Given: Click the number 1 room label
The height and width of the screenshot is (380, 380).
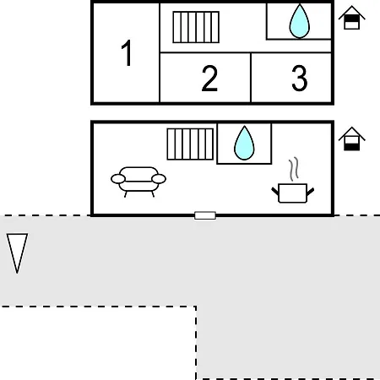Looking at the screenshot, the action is pyautogui.click(x=127, y=52).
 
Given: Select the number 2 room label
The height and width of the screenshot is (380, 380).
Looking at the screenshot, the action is pyautogui.click(x=209, y=78).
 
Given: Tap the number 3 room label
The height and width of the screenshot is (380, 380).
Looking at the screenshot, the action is pyautogui.click(x=300, y=78).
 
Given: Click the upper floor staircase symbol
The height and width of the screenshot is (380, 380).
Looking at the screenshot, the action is pyautogui.click(x=196, y=27).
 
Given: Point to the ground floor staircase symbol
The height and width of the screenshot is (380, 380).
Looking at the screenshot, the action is pyautogui.click(x=190, y=144).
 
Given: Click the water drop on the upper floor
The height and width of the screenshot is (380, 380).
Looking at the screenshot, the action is pyautogui.click(x=300, y=21).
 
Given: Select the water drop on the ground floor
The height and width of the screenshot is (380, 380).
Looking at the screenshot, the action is pyautogui.click(x=244, y=143).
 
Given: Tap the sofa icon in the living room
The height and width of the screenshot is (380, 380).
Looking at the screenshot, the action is pyautogui.click(x=138, y=182).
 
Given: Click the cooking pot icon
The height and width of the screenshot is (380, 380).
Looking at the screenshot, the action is pyautogui.click(x=292, y=193).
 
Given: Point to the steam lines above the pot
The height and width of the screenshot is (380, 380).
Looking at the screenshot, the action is pyautogui.click(x=294, y=169).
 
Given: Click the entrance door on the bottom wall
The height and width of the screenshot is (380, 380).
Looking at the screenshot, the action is pyautogui.click(x=205, y=215).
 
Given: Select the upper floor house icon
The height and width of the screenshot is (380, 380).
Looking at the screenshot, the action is pyautogui.click(x=352, y=18).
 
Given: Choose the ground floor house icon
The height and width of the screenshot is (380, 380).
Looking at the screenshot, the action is pyautogui.click(x=352, y=138).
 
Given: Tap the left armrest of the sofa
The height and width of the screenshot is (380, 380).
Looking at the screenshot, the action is pyautogui.click(x=118, y=179).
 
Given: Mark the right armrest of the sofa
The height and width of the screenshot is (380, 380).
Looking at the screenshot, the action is pyautogui.click(x=159, y=179).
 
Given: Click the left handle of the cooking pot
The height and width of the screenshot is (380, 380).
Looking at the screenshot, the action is pyautogui.click(x=275, y=192).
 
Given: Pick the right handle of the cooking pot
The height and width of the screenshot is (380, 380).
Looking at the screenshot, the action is pyautogui.click(x=310, y=192).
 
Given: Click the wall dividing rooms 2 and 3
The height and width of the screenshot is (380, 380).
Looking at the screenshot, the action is pyautogui.click(x=251, y=78).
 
